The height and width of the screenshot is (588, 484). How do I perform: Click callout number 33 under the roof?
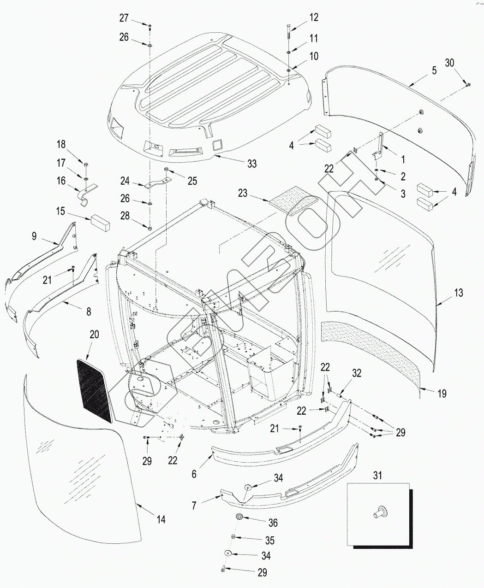point(252,164)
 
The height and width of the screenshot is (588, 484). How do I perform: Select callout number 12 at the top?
point(314,18)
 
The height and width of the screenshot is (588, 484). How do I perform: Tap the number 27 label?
point(124,18)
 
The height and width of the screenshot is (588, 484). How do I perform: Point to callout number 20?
point(94,334)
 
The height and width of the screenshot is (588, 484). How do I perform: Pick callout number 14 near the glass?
point(161,519)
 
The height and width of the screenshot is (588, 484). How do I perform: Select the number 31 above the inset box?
point(378,476)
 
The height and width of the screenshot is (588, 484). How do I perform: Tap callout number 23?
point(243,193)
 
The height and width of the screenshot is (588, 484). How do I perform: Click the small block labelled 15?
point(100,223)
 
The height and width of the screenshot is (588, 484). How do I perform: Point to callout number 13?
point(458,293)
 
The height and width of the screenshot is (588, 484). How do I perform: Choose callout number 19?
point(442,394)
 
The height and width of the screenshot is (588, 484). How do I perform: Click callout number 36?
point(273,523)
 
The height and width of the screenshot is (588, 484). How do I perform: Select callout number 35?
point(269,541)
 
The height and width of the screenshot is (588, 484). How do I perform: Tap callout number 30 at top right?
point(449,63)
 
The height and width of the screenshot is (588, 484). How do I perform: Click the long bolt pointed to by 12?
point(289,33)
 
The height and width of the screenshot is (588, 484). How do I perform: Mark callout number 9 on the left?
point(34,236)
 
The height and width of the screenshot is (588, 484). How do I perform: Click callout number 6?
point(194,474)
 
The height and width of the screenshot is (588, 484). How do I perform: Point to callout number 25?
point(192,181)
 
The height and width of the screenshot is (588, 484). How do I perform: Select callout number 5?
point(434,71)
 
